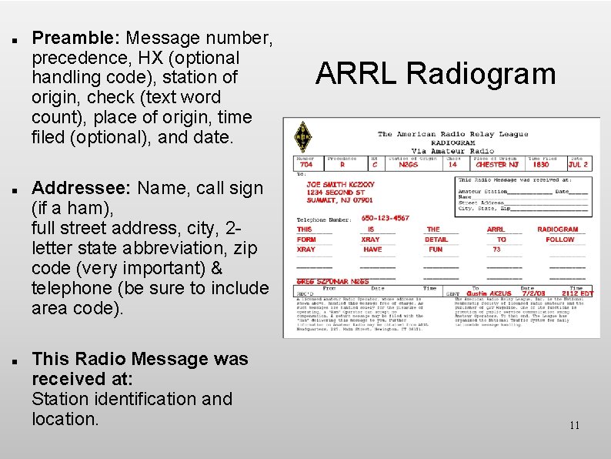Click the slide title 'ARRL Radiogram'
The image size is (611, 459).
(x=435, y=74)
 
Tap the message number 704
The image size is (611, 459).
(x=305, y=164)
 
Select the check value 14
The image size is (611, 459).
(x=452, y=164)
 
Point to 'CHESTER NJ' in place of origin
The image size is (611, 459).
(x=496, y=164)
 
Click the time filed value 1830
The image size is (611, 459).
(x=541, y=164)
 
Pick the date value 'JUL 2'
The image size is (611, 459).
(x=578, y=164)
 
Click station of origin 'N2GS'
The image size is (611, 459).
(x=408, y=164)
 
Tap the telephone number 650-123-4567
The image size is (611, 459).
(x=386, y=219)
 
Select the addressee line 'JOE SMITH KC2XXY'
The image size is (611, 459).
(x=340, y=185)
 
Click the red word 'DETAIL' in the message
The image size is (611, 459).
(x=436, y=240)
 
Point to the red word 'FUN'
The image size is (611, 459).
(x=436, y=250)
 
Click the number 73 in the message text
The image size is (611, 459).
(x=497, y=250)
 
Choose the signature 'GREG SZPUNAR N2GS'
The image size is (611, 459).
(x=333, y=282)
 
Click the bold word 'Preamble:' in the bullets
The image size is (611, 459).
(x=77, y=38)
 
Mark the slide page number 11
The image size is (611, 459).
(x=574, y=425)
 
